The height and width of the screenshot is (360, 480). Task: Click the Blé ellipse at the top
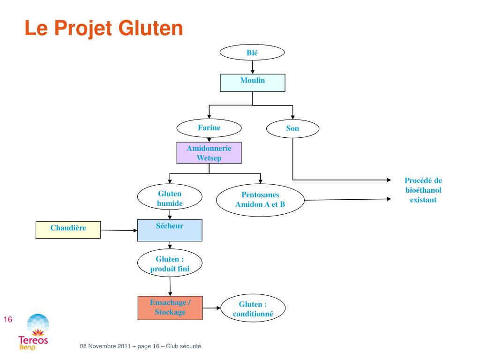(252, 52)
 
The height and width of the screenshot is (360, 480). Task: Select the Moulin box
(253, 82)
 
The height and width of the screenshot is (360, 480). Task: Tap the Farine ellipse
(209, 128)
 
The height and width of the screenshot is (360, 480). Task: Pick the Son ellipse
(292, 128)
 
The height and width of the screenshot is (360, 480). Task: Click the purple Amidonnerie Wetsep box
(209, 153)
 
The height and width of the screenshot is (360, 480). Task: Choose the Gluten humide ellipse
(170, 197)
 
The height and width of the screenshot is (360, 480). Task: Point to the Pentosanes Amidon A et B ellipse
(260, 200)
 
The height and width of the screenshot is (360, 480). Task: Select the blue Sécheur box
(170, 230)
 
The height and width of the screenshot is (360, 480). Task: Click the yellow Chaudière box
(68, 230)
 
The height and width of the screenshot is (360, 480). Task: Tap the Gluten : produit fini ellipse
(170, 263)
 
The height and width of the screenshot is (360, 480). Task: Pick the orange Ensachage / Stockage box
(170, 308)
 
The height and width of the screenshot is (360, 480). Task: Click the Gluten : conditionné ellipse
(253, 308)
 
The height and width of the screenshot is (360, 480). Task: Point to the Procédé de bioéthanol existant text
(423, 190)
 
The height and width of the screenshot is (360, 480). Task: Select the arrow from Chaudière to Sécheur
(119, 230)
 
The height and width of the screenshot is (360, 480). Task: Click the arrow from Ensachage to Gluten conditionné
(211, 308)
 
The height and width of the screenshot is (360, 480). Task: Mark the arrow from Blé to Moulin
(253, 67)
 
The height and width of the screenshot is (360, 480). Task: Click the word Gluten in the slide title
(150, 28)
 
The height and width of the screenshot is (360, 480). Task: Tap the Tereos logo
(33, 332)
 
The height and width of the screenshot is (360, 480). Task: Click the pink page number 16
(8, 320)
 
